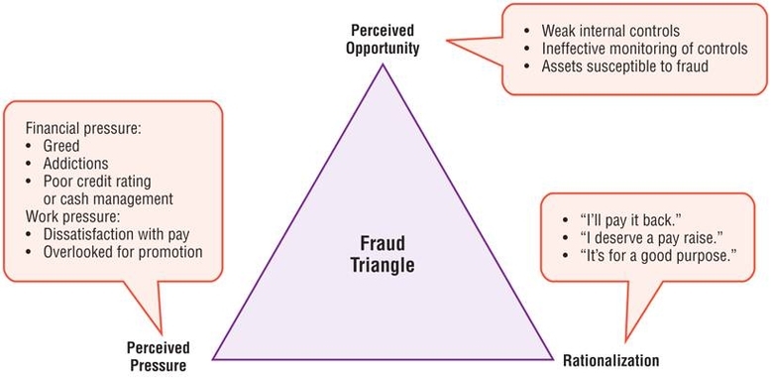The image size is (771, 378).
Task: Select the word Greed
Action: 61,146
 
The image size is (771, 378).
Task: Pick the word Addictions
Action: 75,164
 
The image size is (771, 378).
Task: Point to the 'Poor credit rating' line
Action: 100,182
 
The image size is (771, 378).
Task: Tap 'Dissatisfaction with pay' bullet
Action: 118,235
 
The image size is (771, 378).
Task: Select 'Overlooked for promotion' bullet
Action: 123,253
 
